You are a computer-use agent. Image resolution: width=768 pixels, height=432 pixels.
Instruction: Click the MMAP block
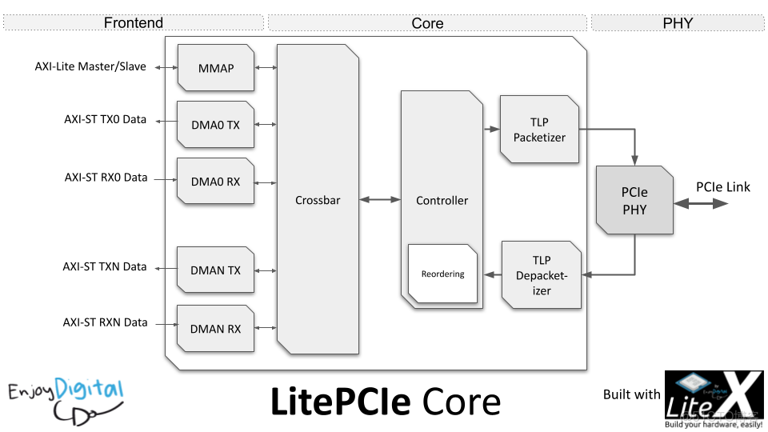tap(216, 68)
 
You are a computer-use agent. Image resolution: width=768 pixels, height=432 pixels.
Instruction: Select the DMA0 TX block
tap(216, 124)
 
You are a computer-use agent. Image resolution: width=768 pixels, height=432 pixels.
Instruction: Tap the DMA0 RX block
tap(216, 182)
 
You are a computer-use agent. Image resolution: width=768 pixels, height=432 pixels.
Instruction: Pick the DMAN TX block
tap(216, 270)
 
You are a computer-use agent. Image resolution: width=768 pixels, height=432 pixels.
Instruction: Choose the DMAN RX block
tap(216, 328)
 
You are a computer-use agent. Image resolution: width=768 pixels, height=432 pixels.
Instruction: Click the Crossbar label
tap(318, 200)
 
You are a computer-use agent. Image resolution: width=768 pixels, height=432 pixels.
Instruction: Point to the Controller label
tap(442, 200)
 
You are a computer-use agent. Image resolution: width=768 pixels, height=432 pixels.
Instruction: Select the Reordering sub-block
tap(442, 274)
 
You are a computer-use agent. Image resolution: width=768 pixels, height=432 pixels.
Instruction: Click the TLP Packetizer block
tap(539, 130)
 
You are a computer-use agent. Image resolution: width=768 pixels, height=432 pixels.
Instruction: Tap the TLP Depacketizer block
tap(542, 275)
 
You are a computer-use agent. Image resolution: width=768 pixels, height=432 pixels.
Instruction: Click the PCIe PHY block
tap(634, 201)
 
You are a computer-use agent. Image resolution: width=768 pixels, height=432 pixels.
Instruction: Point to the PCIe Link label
tap(723, 187)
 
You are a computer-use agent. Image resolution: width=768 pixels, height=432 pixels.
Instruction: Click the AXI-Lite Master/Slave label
tap(90, 66)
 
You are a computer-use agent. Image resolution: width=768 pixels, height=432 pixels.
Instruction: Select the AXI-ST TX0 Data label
tap(106, 119)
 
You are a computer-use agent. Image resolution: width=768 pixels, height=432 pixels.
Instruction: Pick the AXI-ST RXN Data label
tap(106, 322)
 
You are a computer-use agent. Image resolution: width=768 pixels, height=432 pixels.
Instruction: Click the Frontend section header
tap(134, 22)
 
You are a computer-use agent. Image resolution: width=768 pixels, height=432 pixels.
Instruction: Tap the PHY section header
tap(678, 22)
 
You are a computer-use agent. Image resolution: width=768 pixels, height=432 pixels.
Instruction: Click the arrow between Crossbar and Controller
tap(380, 200)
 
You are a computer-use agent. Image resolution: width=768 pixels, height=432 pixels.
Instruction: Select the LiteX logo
tap(714, 394)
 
